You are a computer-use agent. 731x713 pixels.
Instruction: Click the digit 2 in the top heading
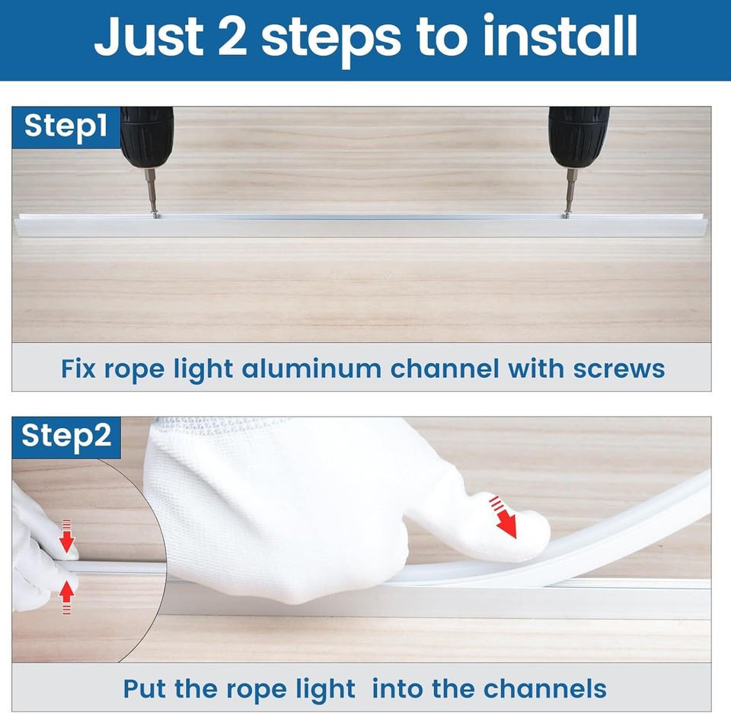click(x=231, y=37)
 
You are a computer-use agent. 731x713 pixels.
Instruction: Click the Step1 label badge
click(x=65, y=127)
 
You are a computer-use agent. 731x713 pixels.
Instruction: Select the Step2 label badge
click(x=66, y=437)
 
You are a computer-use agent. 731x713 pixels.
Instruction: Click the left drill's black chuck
click(x=147, y=138)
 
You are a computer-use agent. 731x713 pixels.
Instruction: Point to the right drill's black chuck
click(x=579, y=138)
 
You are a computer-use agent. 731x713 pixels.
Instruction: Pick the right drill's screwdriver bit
click(x=570, y=190)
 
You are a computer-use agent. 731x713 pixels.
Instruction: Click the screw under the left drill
click(x=155, y=215)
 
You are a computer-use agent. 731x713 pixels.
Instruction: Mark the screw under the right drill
click(x=567, y=215)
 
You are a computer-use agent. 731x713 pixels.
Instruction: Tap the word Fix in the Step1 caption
click(x=78, y=369)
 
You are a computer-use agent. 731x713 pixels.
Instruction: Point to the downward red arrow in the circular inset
click(x=67, y=536)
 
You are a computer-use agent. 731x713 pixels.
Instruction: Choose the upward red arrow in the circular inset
click(x=67, y=597)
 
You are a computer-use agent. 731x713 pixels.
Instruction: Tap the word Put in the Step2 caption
click(x=144, y=689)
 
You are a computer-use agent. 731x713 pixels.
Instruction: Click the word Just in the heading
click(x=148, y=36)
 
